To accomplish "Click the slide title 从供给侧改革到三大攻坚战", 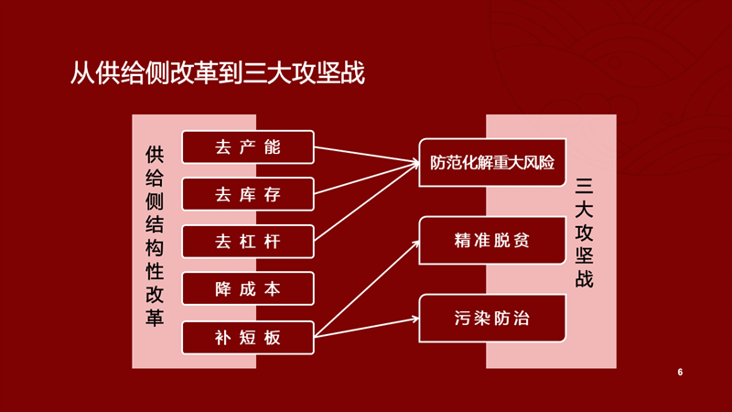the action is (x=218, y=73).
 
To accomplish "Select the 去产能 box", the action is (x=248, y=147).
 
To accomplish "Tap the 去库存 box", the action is (x=248, y=194).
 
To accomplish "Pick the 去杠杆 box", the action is (x=248, y=242).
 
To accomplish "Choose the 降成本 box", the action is (x=248, y=288).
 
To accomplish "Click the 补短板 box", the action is (x=248, y=337).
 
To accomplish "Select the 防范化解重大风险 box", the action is (x=492, y=163).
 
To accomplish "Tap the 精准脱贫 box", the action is (x=492, y=241).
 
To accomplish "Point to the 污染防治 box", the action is (x=492, y=319).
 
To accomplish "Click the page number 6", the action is (x=680, y=373).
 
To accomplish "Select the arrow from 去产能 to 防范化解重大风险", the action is (x=367, y=155).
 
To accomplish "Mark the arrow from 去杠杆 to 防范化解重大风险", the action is (x=367, y=201).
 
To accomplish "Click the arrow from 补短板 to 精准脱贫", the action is (x=367, y=288).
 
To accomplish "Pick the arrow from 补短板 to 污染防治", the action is (x=367, y=328).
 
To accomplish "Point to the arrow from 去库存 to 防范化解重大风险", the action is (x=367, y=179).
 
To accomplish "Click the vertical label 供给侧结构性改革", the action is (x=155, y=236).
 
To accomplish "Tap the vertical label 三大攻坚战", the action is (x=584, y=233).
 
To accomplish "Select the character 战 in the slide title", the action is (x=353, y=73).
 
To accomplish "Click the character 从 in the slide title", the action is (x=82, y=73).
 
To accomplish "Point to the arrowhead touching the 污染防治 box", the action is (x=415, y=319).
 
